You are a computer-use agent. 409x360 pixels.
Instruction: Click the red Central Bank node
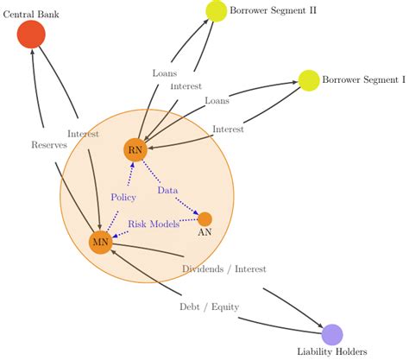coord(31,35)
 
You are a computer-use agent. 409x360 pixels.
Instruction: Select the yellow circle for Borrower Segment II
coord(215,11)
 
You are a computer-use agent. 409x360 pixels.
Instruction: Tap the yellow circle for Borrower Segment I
coord(308,80)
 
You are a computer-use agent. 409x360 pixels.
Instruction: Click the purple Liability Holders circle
coord(332,334)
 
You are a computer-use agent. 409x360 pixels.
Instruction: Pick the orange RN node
coord(135,150)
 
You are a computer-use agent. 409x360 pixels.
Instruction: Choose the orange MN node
coord(100,243)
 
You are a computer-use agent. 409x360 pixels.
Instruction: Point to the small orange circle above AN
coord(204,218)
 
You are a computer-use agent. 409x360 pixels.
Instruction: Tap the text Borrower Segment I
coord(363,80)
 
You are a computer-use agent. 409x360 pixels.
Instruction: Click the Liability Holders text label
coord(332,351)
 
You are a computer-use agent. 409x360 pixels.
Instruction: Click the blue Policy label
coord(123,197)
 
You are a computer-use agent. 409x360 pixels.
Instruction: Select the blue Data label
coord(167,189)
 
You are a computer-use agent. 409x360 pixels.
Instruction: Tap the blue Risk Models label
coord(154,224)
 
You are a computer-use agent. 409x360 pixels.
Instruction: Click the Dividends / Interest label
coord(223,269)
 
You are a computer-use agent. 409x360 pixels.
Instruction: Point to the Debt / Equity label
coord(209,306)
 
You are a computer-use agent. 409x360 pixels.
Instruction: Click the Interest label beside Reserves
coord(83,134)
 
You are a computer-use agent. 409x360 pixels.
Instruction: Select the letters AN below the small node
coord(205,233)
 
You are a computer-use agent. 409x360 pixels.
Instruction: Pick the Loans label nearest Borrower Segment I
coord(217,101)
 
